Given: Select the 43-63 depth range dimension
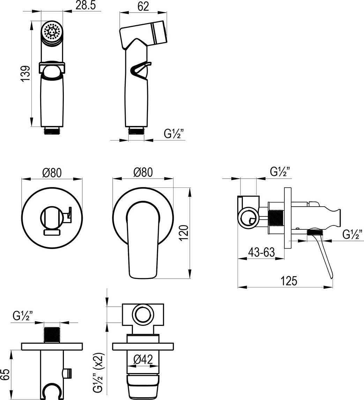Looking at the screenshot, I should click(261, 252).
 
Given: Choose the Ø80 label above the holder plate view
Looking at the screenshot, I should click(52, 172).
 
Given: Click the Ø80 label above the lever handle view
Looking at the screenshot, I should click(143, 172).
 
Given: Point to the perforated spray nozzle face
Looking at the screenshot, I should click(52, 33).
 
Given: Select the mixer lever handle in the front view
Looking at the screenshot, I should click(142, 241).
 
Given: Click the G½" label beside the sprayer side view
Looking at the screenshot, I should click(174, 133).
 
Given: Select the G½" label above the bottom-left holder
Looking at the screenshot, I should click(23, 316).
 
